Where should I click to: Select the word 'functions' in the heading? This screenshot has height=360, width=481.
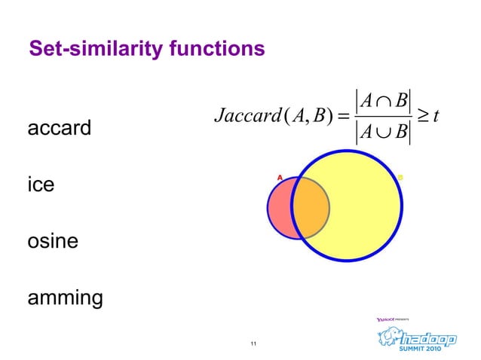pyautogui.click(x=213, y=50)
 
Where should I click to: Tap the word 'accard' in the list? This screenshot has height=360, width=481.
pyautogui.click(x=59, y=128)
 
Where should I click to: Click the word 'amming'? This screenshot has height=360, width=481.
pyautogui.click(x=65, y=298)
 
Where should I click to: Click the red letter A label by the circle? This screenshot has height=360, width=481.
pyautogui.click(x=279, y=178)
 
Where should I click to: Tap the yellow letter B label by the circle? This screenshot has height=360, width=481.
pyautogui.click(x=401, y=178)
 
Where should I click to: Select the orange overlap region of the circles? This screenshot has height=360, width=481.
pyautogui.click(x=311, y=207)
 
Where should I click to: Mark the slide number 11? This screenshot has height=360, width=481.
pyautogui.click(x=253, y=344)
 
